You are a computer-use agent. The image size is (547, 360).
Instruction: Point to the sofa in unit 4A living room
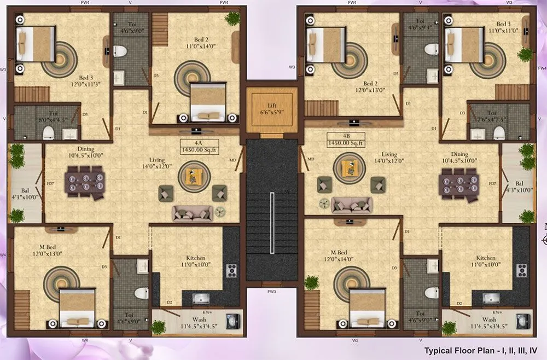click(x=191, y=213)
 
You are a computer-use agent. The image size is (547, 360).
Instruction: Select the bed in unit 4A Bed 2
click(x=208, y=102)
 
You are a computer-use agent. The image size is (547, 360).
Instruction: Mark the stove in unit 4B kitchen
click(x=521, y=270)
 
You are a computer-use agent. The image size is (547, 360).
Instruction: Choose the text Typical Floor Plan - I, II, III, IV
click(x=481, y=350)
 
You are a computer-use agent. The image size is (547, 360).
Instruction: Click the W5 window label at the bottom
click(x=356, y=340)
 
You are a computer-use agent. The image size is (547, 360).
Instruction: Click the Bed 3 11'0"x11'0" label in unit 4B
click(x=504, y=28)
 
